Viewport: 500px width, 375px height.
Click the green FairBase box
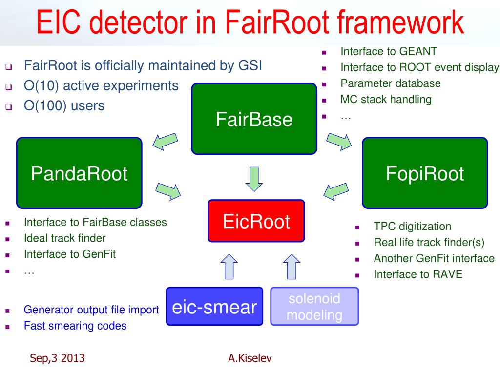pyautogui.click(x=254, y=119)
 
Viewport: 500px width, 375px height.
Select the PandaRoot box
pyautogui.click(x=79, y=173)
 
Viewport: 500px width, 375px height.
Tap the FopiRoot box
pyautogui.click(x=425, y=173)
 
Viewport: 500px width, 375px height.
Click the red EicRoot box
pyautogui.click(x=256, y=221)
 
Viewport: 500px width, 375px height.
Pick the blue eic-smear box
pyautogui.click(x=215, y=307)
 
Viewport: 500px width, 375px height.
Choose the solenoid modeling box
pyautogui.click(x=314, y=307)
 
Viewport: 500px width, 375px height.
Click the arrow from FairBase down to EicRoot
pyautogui.click(x=254, y=179)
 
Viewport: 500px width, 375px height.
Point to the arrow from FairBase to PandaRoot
pyautogui.click(x=165, y=142)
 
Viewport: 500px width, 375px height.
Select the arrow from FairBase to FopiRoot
pyautogui.click(x=339, y=142)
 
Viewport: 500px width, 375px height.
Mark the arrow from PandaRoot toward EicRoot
pyautogui.click(x=168, y=191)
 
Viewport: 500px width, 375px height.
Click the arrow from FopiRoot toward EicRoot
pyautogui.click(x=336, y=191)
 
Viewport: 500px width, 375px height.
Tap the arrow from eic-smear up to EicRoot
pyautogui.click(x=229, y=267)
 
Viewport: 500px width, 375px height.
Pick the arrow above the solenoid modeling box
pyautogui.click(x=292, y=267)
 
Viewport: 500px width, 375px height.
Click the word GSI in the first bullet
pyautogui.click(x=250, y=66)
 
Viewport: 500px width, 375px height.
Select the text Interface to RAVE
pyautogui.click(x=418, y=274)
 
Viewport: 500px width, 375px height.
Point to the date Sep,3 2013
pyautogui.click(x=58, y=358)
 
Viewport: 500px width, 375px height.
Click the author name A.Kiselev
pyautogui.click(x=250, y=358)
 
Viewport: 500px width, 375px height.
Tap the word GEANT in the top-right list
pyautogui.click(x=418, y=51)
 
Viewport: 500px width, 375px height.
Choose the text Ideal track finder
pyautogui.click(x=65, y=238)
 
